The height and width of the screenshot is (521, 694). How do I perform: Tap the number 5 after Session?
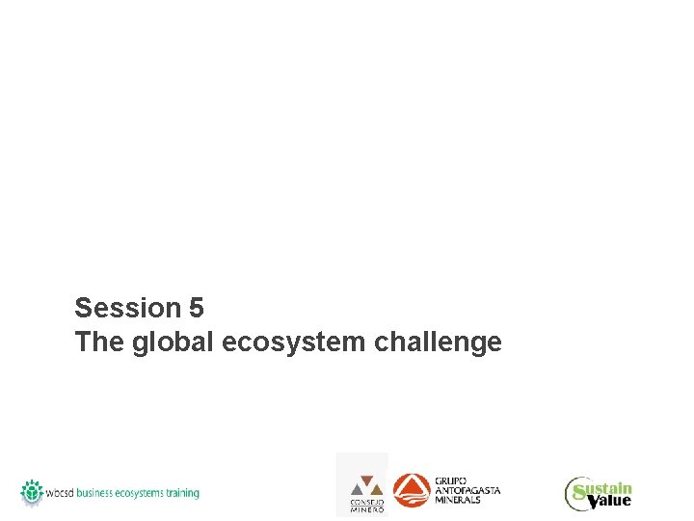tap(197, 308)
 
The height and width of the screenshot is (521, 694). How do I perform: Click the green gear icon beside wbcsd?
tap(33, 492)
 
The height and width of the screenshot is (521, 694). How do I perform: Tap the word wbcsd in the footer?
tap(61, 493)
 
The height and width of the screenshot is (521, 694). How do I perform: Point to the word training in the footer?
tap(183, 493)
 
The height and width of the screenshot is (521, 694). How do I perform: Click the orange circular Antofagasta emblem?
tap(413, 490)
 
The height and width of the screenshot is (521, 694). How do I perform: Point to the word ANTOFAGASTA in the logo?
tap(468, 490)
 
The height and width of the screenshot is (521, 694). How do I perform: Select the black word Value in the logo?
tap(611, 501)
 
